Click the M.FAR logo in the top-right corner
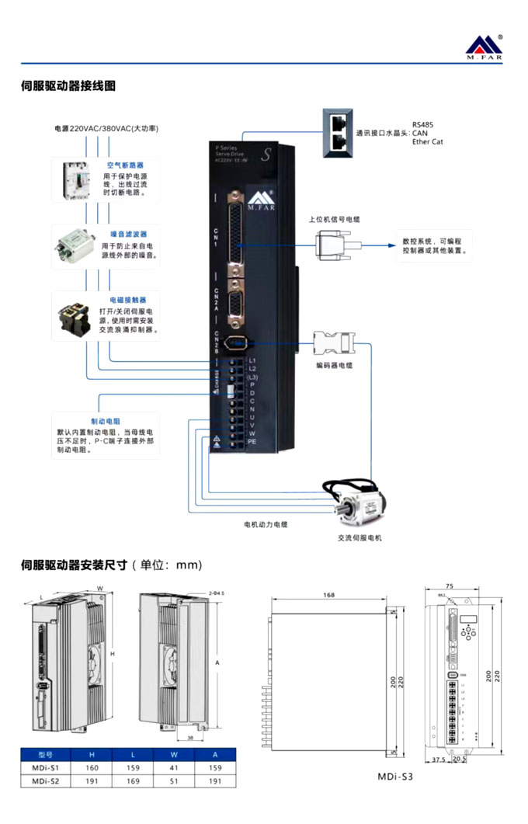(485, 47)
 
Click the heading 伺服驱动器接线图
(68, 86)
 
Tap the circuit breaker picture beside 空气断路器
(75, 181)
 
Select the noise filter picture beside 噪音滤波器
(74, 246)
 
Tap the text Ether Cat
(428, 142)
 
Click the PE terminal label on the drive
(252, 441)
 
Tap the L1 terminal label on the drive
(252, 360)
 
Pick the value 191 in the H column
(92, 781)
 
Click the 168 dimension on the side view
(328, 596)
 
